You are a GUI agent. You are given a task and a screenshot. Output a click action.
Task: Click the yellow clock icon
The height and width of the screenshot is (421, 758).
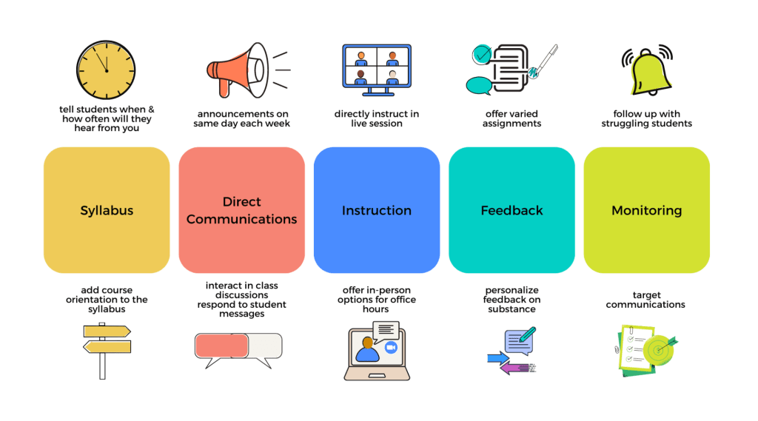coord(107,70)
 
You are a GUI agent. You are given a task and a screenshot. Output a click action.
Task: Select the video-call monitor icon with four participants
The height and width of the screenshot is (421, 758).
coord(376,70)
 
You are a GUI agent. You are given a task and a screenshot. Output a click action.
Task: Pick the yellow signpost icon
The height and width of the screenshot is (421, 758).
coord(106,349)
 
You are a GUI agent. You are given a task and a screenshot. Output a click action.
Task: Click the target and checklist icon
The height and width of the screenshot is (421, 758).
coord(646,348)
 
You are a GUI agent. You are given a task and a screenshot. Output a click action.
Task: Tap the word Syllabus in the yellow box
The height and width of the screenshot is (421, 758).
coord(106,210)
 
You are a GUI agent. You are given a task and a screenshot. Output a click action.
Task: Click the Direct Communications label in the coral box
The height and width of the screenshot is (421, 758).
coord(241,210)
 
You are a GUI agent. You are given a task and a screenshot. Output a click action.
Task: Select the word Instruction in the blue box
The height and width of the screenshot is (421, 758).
coord(376,210)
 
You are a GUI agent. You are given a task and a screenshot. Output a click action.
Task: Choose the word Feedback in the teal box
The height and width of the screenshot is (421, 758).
coord(512,210)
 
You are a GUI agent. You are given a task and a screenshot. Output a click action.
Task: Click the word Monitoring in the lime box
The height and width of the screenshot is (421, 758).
coord(646,210)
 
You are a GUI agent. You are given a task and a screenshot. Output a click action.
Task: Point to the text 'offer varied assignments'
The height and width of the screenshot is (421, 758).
coord(512,118)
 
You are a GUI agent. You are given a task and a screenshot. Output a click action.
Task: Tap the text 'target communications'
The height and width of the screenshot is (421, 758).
coord(645,299)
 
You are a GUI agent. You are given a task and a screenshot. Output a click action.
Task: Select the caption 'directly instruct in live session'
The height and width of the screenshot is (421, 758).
coord(376,118)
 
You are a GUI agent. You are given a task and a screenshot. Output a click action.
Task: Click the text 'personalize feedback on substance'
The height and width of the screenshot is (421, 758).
coord(511,299)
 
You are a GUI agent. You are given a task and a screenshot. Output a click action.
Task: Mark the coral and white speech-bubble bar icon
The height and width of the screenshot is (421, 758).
coord(238,348)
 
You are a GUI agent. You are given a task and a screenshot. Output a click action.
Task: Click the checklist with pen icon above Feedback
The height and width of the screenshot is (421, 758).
coord(511,69)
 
